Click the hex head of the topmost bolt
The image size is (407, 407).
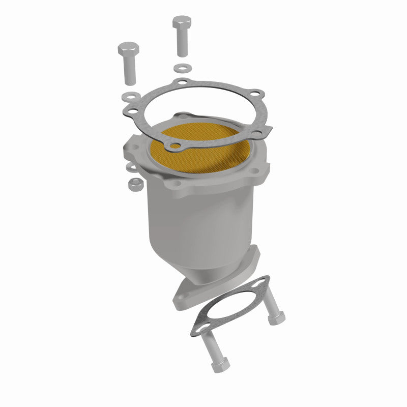point(182,23)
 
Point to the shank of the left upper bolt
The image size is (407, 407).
point(128,71)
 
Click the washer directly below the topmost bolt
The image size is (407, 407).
point(181,67)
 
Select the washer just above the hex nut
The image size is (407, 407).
point(131,167)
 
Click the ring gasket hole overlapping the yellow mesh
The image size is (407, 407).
point(176,148)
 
